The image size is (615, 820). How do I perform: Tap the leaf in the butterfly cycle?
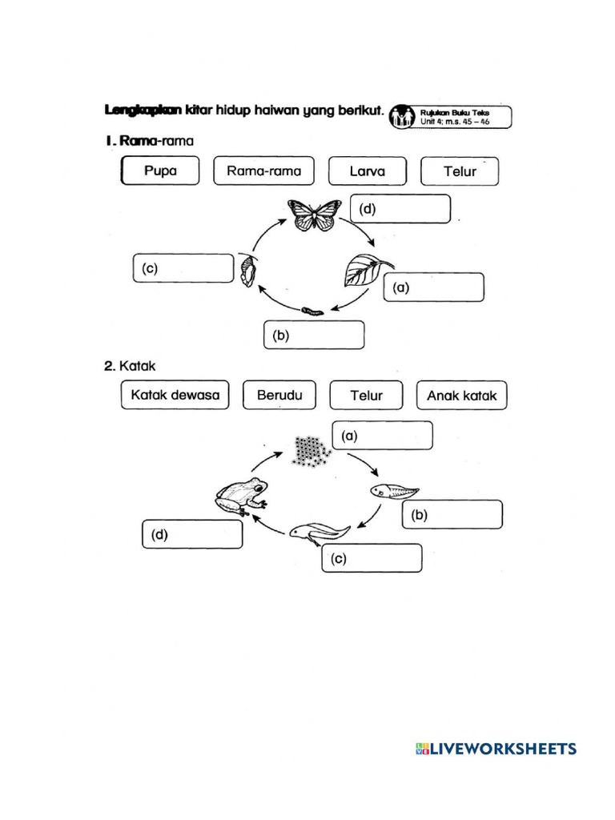tap(366, 270)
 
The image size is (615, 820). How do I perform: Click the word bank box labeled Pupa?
tap(160, 171)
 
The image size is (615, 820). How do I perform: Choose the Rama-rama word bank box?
tap(263, 171)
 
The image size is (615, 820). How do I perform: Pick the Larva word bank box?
tap(367, 171)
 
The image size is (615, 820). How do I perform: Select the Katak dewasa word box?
tap(175, 396)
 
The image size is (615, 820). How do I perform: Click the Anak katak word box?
tap(462, 396)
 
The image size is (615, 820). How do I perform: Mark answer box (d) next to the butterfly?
tap(400, 210)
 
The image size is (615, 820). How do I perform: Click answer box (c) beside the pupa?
tap(182, 269)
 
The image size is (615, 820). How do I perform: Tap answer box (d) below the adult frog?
tap(192, 535)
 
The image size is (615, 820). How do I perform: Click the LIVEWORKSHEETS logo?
tap(495, 749)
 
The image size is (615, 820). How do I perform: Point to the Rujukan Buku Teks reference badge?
tap(450, 117)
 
